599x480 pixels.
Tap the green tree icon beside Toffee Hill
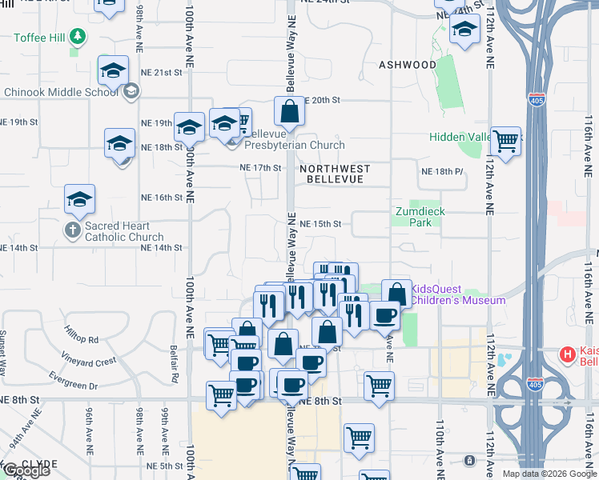pos(77,36)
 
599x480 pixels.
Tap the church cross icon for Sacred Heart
pos(72,231)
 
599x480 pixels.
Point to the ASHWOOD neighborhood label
pos(408,65)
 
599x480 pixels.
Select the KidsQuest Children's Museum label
pos(458,294)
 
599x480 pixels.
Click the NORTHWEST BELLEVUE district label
pos(336,174)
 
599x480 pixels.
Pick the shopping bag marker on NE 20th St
pos(290,111)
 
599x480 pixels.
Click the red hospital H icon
pos(568,354)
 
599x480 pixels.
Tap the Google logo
pos(26,471)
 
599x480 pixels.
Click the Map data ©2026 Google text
pos(549,474)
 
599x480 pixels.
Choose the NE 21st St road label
pos(162,73)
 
